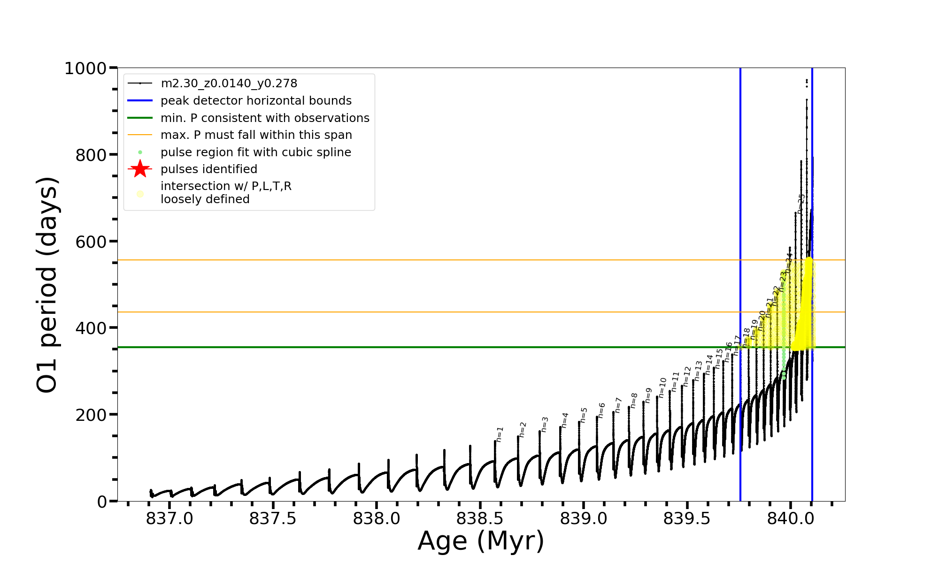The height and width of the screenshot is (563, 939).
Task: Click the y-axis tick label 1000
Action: (x=85, y=69)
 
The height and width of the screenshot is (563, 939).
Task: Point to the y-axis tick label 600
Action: (x=91, y=242)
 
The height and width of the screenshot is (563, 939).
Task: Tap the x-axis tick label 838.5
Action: (x=480, y=519)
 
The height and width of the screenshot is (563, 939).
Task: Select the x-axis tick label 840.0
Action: (x=791, y=519)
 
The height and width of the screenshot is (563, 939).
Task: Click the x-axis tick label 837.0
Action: (x=169, y=519)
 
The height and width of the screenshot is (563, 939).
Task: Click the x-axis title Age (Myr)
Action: (x=481, y=541)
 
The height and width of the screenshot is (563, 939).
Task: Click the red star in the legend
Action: (x=140, y=169)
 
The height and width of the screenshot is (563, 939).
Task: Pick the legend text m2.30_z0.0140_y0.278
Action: (x=229, y=84)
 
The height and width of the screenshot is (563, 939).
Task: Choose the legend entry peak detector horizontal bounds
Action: (x=256, y=101)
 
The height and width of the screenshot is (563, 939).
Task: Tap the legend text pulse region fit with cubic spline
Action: (x=255, y=152)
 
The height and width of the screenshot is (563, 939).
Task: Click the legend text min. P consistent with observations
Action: (x=265, y=118)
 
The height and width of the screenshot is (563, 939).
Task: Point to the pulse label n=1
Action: (x=500, y=434)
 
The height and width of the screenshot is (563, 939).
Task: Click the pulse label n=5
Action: (x=584, y=415)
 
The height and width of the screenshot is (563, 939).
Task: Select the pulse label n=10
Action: (x=662, y=388)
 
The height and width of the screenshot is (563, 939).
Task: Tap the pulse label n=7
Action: (x=618, y=405)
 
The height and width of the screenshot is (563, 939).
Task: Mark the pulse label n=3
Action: (x=545, y=425)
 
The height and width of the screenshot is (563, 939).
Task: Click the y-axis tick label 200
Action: (x=91, y=415)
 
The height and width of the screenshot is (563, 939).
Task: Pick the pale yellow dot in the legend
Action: (x=140, y=194)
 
